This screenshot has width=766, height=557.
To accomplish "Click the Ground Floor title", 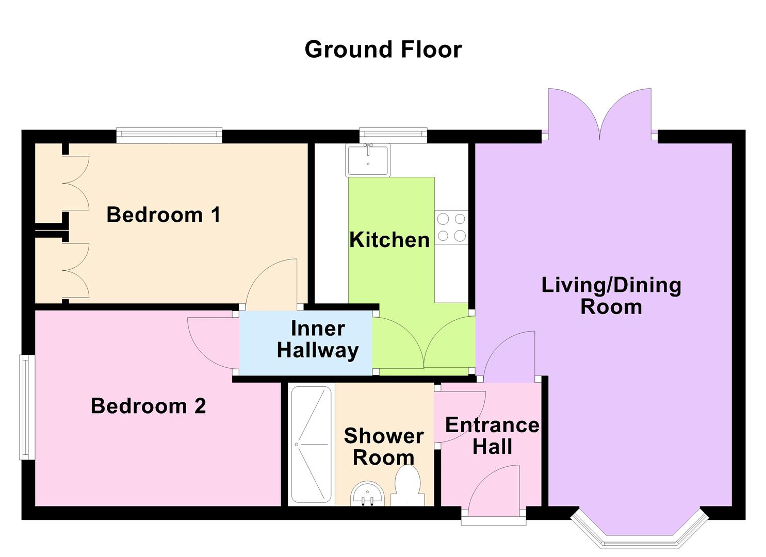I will click(383, 50).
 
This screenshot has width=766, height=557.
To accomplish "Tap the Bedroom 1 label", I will click(164, 215).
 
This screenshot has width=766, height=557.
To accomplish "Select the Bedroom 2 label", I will click(148, 406).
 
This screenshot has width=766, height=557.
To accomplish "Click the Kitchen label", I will click(389, 240).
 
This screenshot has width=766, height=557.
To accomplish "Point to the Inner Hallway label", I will click(317, 339).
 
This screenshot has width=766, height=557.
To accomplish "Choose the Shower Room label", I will click(383, 447).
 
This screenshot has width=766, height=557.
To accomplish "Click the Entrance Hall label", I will click(492, 436).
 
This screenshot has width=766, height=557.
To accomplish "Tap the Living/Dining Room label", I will click(611, 296).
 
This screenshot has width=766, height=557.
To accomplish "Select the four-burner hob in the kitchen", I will click(451, 227).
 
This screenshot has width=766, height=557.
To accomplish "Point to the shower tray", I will click(311, 445).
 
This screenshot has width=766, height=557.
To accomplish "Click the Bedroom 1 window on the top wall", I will click(169, 135).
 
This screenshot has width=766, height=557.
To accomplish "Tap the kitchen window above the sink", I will click(393, 135).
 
